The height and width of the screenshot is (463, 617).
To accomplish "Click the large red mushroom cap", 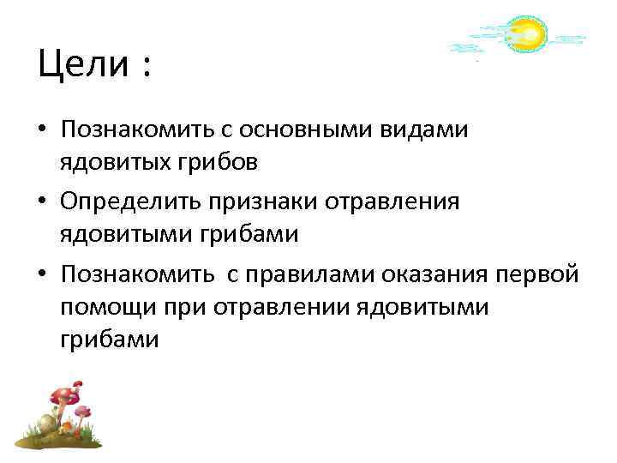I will (x=63, y=395).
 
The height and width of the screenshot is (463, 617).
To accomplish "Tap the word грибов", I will (x=208, y=161).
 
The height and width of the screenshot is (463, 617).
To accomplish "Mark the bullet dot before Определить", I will (x=42, y=202).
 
